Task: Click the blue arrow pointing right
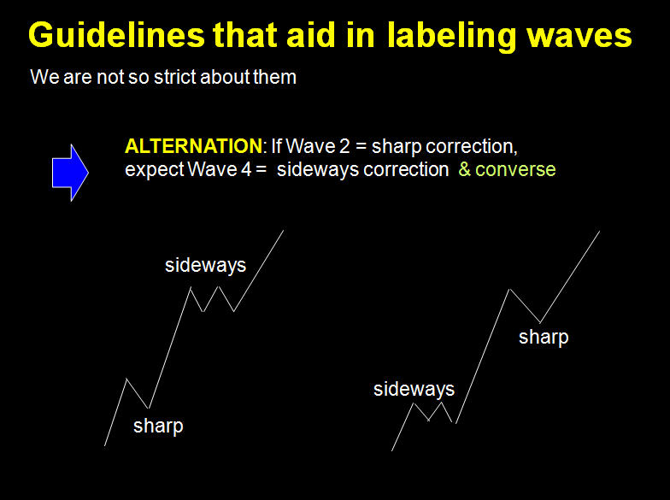70,173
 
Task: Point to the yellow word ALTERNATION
193,146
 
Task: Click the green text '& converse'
507,169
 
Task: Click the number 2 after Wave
344,146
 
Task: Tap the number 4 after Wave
246,169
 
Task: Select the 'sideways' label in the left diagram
205,265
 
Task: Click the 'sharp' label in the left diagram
158,426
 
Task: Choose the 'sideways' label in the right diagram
414,390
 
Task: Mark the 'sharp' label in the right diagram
544,337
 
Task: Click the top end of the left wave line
284,231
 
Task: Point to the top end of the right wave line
600,232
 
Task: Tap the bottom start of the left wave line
104,446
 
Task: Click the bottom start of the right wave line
391,450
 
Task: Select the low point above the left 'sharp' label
149,409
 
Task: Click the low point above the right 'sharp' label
540,323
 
